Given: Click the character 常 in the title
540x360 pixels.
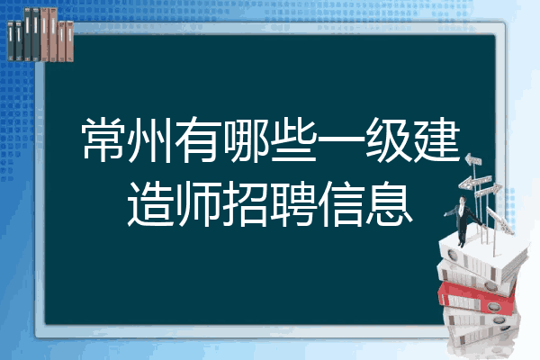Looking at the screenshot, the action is [x=103, y=139].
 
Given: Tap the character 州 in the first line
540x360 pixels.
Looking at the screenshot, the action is [x=150, y=139].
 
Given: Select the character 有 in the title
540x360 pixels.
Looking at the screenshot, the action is [x=198, y=139].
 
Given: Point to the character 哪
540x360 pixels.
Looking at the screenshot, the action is [x=245, y=139].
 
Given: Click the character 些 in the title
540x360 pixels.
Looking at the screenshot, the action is [x=292, y=139].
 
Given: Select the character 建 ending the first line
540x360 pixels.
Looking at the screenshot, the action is [x=436, y=139].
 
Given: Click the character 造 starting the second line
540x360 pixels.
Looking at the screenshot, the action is [x=150, y=204].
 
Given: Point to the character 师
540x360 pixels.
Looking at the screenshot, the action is [x=198, y=204].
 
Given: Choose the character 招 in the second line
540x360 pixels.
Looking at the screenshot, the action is [x=245, y=204].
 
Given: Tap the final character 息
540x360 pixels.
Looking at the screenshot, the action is [x=389, y=204].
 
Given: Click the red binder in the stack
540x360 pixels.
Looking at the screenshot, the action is [x=477, y=298].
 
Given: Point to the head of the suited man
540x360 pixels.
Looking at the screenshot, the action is [x=463, y=200].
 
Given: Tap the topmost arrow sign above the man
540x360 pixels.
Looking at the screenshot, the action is [x=473, y=159].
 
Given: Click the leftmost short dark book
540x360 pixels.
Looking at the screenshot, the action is [x=11, y=40].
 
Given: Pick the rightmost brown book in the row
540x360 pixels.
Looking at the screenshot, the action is [x=69, y=41].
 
